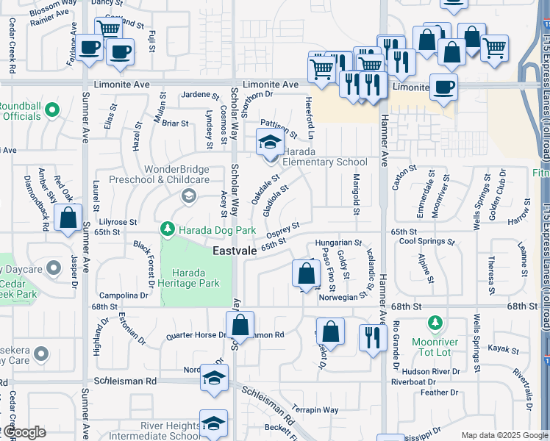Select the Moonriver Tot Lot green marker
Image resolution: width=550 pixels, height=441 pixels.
[435, 323]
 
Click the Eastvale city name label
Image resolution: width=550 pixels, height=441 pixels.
[234, 251]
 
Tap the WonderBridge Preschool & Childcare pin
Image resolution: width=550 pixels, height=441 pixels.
[189, 196]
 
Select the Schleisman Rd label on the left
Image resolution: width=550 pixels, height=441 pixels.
[126, 381]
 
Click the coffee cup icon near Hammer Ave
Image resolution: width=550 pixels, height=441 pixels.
[443, 87]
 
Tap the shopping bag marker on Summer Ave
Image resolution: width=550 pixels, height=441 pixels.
[68, 219]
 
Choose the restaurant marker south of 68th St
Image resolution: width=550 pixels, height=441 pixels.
[373, 338]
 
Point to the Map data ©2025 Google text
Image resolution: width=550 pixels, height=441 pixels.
[504, 435]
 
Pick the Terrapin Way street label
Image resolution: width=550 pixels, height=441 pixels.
[314, 409]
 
